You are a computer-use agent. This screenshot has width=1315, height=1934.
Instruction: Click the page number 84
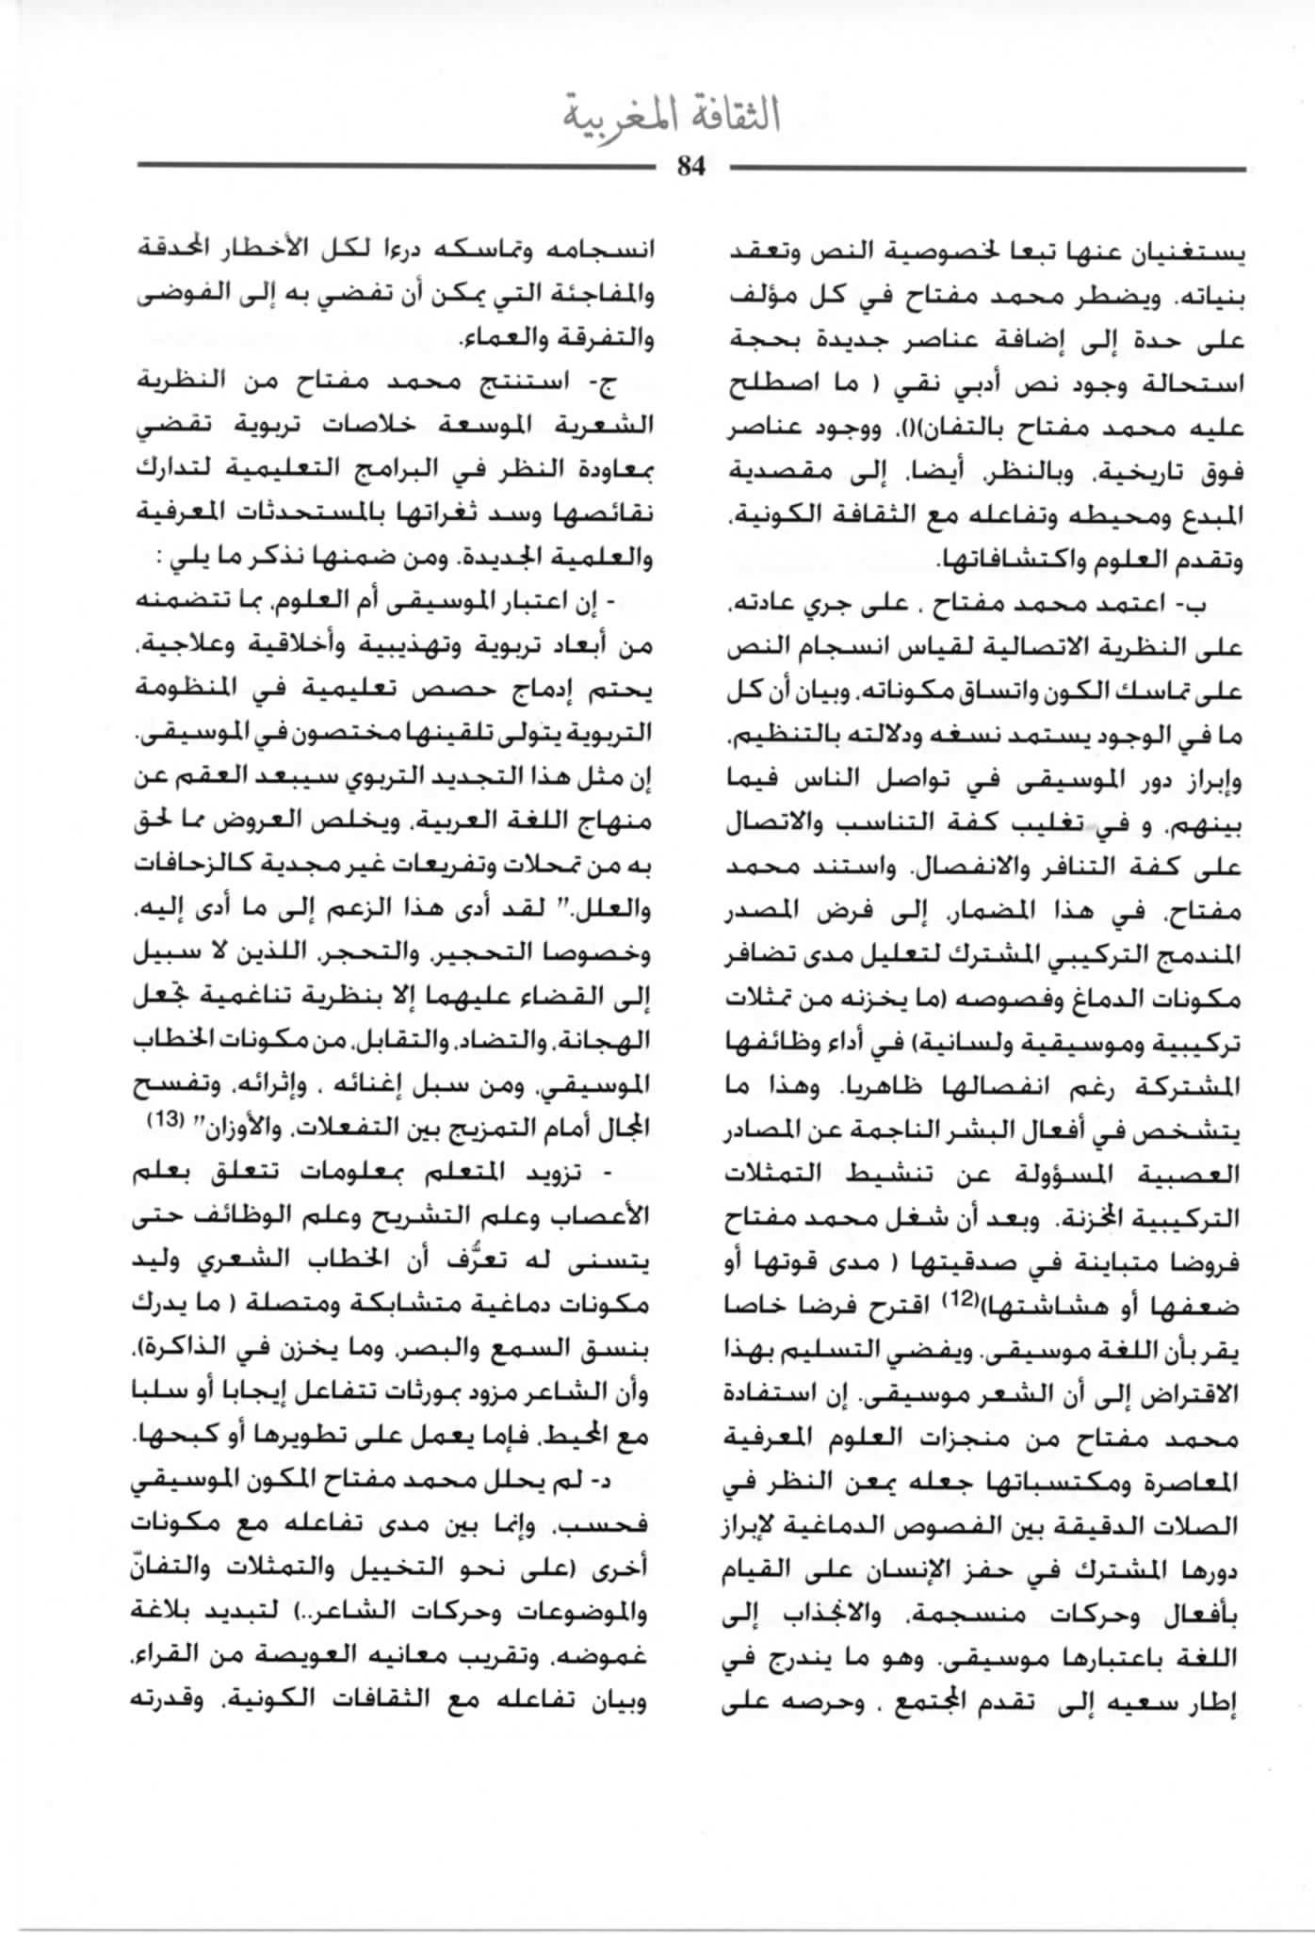tap(690, 166)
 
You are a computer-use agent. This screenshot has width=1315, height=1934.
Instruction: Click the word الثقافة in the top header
tap(733, 115)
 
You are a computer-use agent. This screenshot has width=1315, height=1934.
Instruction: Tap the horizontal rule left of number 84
tap(396, 167)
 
